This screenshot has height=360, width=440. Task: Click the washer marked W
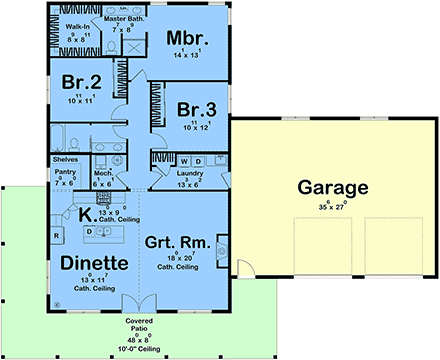pyautogui.click(x=185, y=160)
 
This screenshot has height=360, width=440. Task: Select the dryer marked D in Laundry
pyautogui.click(x=197, y=160)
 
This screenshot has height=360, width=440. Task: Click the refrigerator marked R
pyautogui.click(x=57, y=235)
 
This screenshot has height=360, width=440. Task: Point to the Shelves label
pyautogui.click(x=65, y=158)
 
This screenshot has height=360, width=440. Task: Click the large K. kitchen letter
pyautogui.click(x=87, y=214)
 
